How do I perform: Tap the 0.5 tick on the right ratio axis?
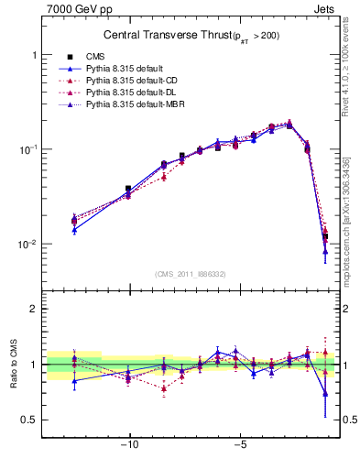point(348,420)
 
